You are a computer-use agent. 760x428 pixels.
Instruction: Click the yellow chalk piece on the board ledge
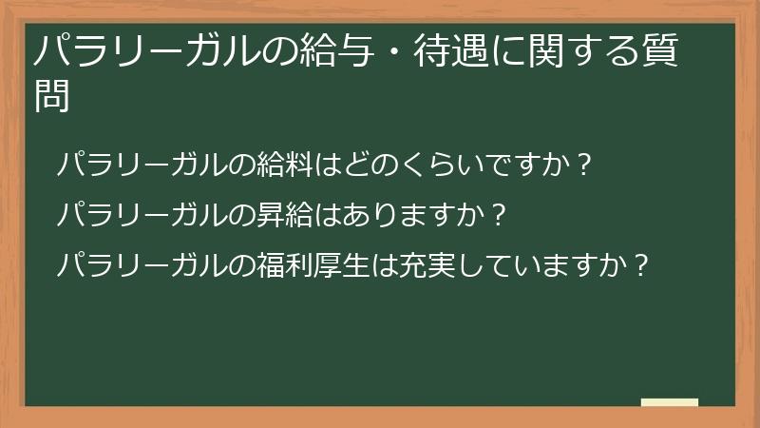click(669, 402)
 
